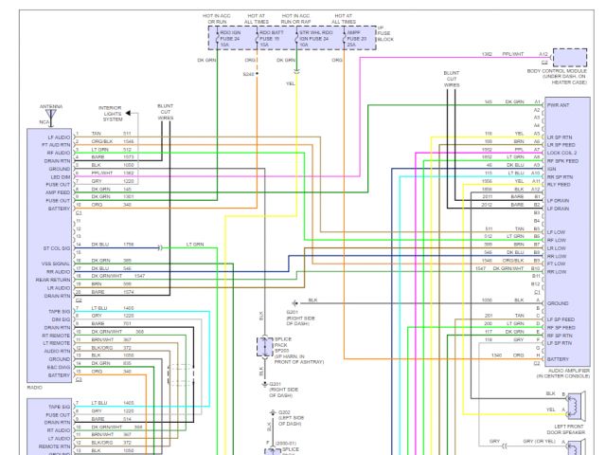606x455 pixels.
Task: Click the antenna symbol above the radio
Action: click(51, 117)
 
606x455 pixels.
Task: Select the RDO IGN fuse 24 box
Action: click(225, 39)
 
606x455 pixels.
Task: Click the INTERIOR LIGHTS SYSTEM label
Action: click(115, 114)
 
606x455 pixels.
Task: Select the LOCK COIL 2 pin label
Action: click(561, 152)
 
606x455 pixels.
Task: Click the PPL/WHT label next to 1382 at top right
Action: click(514, 55)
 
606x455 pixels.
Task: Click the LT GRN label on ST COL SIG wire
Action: click(194, 245)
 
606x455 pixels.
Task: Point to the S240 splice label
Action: click(248, 74)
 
